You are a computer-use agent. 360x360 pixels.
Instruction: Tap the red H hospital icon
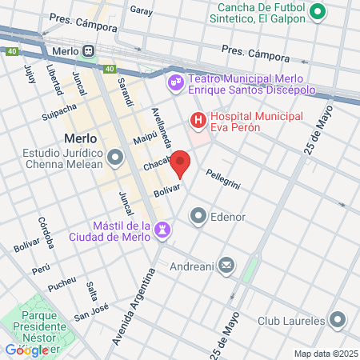pos(197,120)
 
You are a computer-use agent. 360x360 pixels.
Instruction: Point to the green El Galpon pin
pos(318,11)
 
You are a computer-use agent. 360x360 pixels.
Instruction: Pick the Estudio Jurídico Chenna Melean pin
pos(117,157)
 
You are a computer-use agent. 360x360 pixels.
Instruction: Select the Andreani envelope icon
pos(226,265)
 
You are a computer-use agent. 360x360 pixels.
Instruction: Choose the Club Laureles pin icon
pos(338,320)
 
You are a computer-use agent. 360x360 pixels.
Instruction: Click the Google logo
pos(32,350)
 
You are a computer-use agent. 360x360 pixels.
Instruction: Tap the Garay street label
pos(141,11)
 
